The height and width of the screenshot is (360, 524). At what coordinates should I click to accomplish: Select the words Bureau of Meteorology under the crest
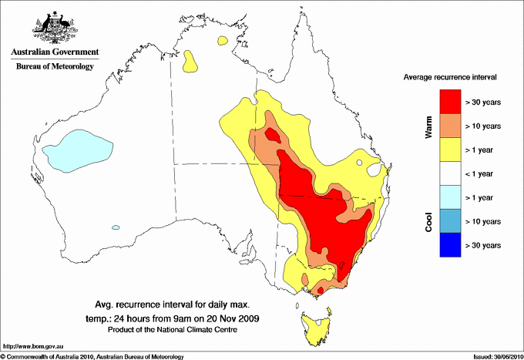pyautogui.click(x=55, y=67)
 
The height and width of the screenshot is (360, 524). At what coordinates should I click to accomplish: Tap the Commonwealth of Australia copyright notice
pyautogui.click(x=92, y=356)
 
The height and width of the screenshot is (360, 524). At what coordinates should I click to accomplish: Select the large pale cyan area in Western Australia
pyautogui.click(x=77, y=150)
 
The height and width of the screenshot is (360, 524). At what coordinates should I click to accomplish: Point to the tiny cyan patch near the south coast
pyautogui.click(x=116, y=227)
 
